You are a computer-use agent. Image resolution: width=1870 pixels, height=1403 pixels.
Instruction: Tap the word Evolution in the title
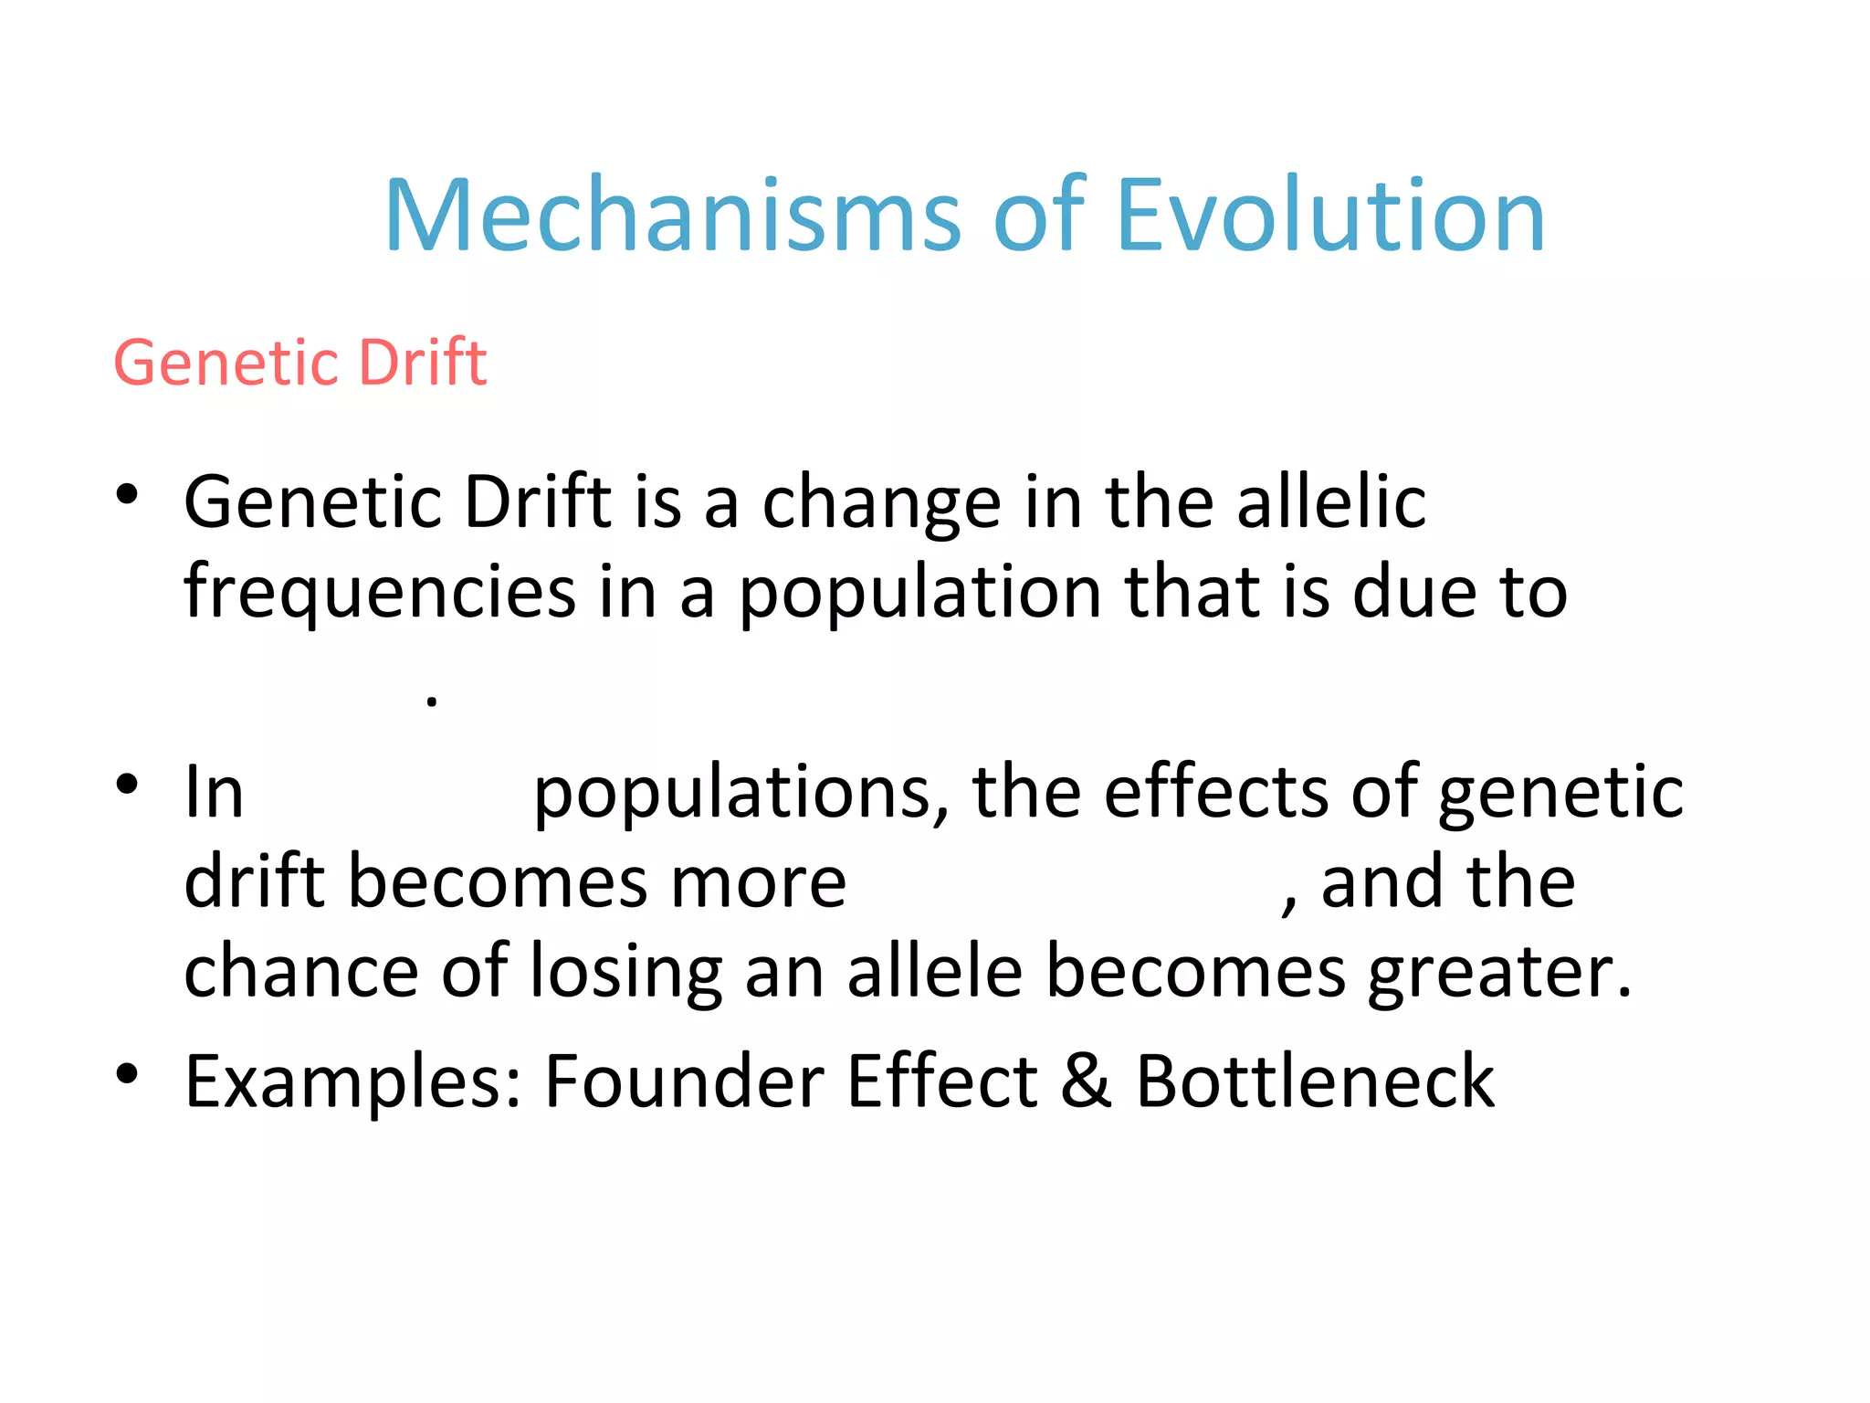coord(1330,216)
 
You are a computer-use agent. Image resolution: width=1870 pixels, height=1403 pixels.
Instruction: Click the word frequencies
coord(379,592)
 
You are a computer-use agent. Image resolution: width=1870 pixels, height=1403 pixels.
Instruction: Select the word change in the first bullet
coord(881,503)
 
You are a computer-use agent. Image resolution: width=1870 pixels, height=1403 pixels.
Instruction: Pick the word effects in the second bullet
coord(1217,790)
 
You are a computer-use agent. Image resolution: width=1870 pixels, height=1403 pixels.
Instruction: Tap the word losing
coord(626,972)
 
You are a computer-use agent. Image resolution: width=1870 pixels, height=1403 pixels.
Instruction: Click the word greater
coord(1497,972)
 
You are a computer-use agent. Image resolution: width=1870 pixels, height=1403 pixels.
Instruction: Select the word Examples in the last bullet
coord(352,1081)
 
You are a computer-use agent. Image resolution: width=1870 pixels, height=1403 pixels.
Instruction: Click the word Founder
coord(684,1080)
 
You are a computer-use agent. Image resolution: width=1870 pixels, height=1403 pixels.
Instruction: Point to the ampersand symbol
coord(1087,1080)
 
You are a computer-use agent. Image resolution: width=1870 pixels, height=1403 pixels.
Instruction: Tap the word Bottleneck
coord(1314,1080)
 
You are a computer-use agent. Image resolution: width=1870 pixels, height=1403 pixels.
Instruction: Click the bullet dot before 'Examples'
coord(127,1073)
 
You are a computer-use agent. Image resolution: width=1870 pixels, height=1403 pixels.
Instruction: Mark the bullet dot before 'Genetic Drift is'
coord(127,495)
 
